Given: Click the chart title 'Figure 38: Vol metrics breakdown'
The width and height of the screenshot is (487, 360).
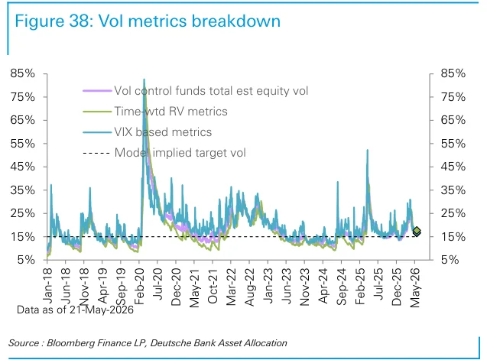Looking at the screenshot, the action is point(148,21).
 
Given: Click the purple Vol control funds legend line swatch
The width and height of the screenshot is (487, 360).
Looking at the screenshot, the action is point(97,91).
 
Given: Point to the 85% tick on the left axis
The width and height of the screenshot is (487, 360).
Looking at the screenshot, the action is point(22,73).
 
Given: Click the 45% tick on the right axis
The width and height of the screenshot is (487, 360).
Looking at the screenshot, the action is point(453,167).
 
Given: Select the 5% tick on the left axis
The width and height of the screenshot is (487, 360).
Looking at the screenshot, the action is point(26,260).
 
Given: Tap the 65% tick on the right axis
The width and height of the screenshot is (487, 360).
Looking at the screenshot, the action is point(453,120).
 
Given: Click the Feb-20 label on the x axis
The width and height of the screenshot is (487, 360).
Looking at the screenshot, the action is point(139,287).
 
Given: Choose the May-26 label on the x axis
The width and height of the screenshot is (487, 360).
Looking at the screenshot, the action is point(415,287).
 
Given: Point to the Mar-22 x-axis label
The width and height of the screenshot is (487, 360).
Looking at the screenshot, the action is point(231,287).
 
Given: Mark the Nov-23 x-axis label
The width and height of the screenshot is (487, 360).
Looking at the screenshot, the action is point(305,287).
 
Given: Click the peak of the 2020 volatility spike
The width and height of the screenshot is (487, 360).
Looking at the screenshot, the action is point(144,79).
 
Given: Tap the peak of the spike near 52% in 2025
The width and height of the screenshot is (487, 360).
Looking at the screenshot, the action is point(368,150).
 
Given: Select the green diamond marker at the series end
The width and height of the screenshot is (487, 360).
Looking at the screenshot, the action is point(417,231).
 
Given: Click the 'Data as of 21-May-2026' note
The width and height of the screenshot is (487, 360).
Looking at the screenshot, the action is point(75,310).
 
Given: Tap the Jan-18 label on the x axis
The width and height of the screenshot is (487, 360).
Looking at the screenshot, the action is point(47,286).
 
